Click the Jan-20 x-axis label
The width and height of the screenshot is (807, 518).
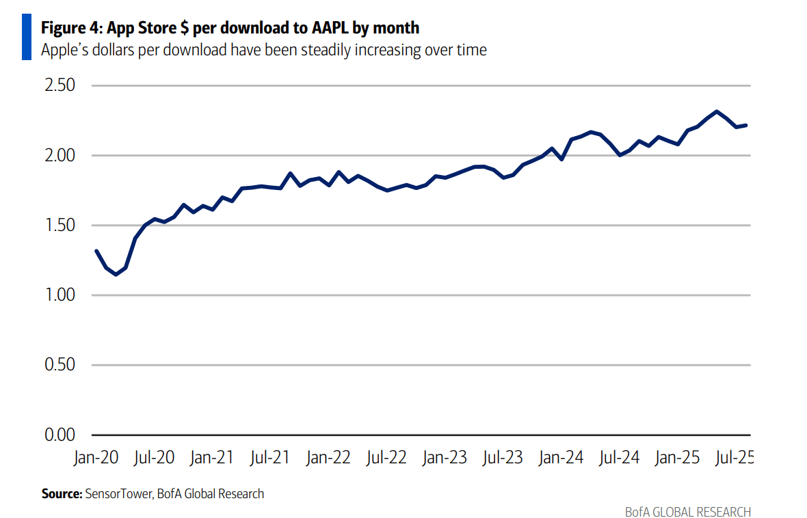pyautogui.click(x=96, y=458)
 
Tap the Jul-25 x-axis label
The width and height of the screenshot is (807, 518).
pyautogui.click(x=733, y=458)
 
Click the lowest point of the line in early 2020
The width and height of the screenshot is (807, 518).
pyautogui.click(x=116, y=274)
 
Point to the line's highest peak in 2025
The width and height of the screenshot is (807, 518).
pyautogui.click(x=716, y=111)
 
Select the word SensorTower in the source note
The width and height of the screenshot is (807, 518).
pyautogui.click(x=118, y=493)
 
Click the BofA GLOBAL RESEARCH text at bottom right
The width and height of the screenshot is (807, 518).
pyautogui.click(x=687, y=511)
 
